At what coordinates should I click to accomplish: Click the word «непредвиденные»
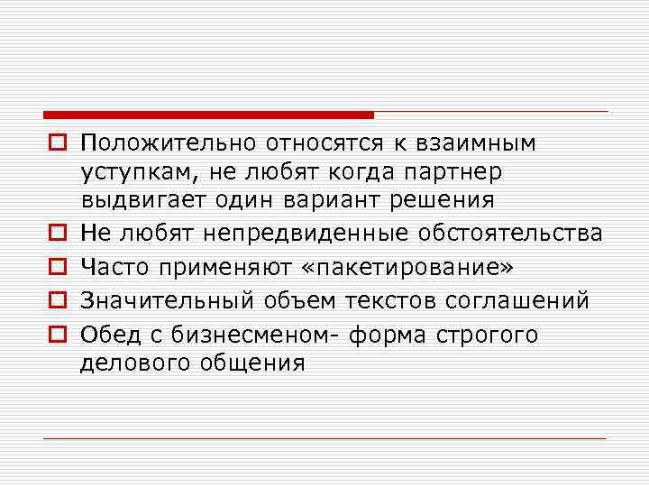click(x=307, y=234)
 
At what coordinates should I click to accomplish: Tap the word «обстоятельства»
click(x=510, y=234)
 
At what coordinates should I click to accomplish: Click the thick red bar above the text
click(x=208, y=115)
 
